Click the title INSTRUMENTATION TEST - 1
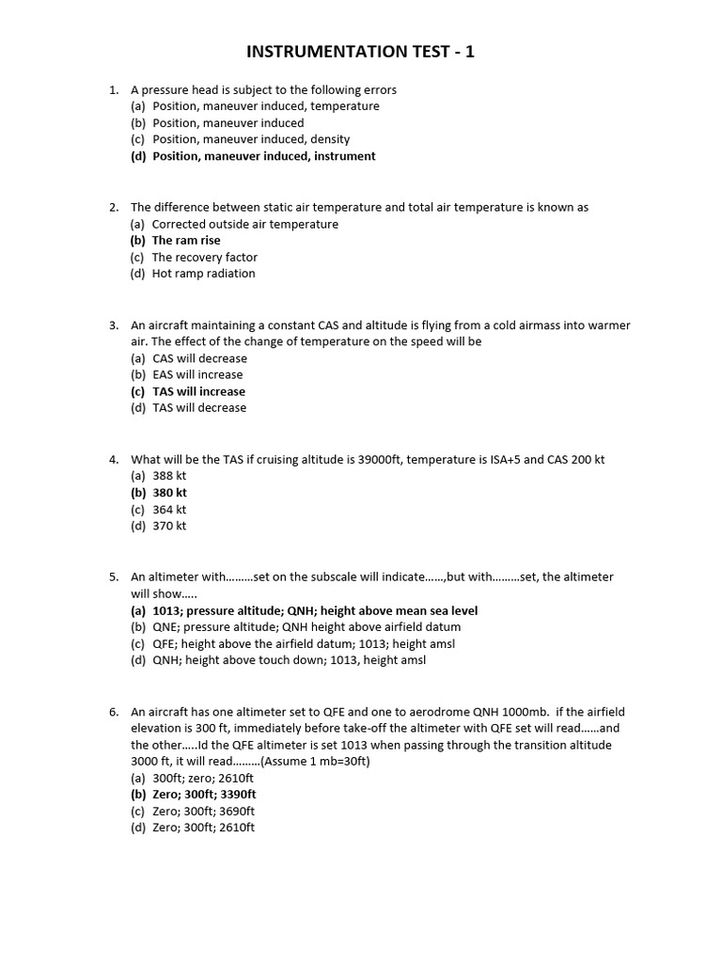point(361,52)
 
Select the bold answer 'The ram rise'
point(186,241)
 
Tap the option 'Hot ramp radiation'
point(203,274)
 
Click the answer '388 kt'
point(169,476)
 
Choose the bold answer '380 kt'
point(170,493)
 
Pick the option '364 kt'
point(169,510)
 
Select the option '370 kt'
point(169,526)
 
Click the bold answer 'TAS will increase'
point(198,391)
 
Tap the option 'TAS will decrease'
point(198,407)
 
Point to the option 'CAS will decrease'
point(199,358)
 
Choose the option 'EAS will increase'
point(197,374)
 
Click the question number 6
point(113,712)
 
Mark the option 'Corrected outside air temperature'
point(244,225)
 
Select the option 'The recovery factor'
point(204,258)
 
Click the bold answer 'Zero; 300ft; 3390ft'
point(204,795)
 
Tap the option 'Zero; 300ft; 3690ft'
point(203,811)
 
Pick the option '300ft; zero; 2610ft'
point(203,779)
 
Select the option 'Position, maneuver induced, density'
point(251,140)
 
